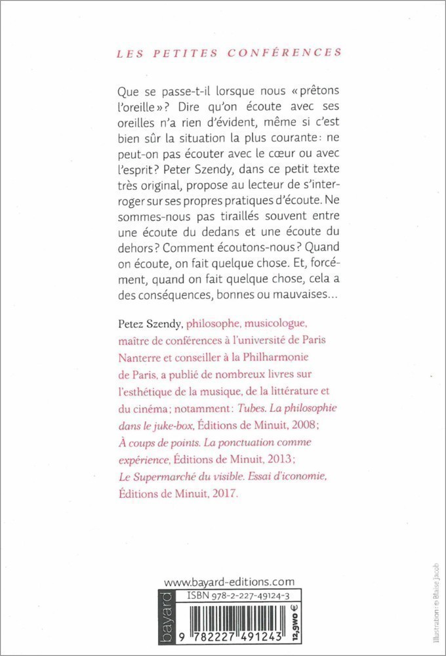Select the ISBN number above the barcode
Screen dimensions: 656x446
point(242,596)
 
